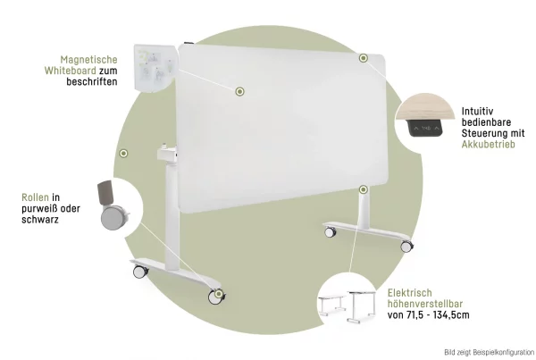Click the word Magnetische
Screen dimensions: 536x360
point(88,60)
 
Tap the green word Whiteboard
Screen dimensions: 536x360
point(70,71)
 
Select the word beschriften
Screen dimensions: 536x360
point(92,81)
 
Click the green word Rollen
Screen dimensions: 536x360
point(35,197)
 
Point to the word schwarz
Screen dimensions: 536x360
point(40,220)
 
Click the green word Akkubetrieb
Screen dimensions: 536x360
point(488,145)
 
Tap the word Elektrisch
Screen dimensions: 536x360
point(410,293)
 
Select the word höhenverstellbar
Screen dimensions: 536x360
point(425,304)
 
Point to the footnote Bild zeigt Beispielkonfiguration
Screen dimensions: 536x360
point(490,352)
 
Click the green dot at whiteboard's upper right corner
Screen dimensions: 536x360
point(364,58)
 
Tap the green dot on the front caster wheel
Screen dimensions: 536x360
point(219,294)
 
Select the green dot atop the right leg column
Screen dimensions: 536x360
point(364,189)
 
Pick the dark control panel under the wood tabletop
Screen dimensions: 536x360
point(426,128)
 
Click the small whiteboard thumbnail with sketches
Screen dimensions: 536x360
point(155,67)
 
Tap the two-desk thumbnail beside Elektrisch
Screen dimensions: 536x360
point(347,306)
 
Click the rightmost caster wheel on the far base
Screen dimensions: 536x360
point(406,246)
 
